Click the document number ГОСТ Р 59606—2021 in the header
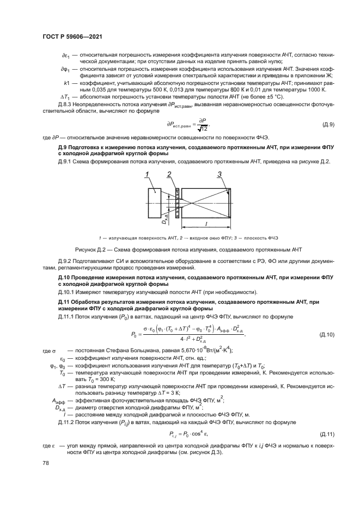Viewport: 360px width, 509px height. click(x=72, y=36)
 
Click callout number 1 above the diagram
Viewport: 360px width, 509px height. click(x=147, y=175)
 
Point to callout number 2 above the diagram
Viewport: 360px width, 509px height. click(x=169, y=175)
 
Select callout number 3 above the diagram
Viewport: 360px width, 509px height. click(x=219, y=175)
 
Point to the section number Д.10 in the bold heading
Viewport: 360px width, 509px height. click(x=65, y=277)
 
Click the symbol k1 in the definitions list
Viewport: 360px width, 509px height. click(x=66, y=83)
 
